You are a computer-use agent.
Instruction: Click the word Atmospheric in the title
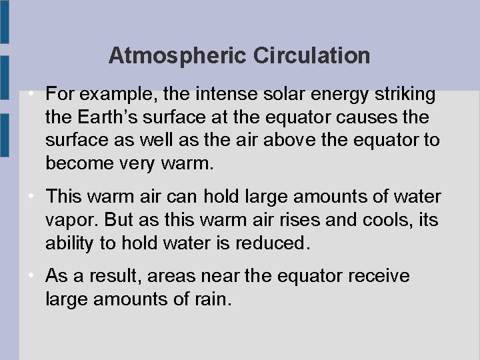pyautogui.click(x=177, y=55)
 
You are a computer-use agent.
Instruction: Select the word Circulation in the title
pyautogui.click(x=311, y=55)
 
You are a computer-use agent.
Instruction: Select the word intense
pyautogui.click(x=224, y=95)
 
